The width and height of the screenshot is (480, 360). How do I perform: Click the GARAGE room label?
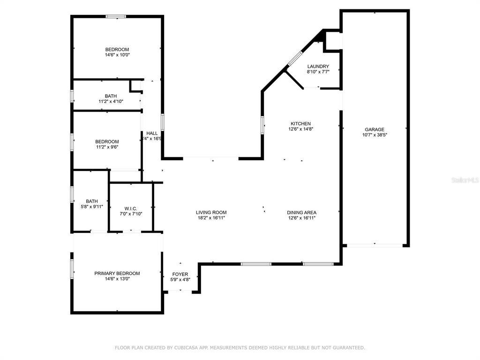tap(375, 129)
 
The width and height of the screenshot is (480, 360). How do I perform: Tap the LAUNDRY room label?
tap(318, 67)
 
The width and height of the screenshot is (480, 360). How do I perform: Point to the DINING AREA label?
tap(301, 212)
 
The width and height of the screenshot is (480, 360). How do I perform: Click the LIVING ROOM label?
tap(211, 212)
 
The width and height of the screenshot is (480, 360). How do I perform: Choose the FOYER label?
tap(180, 274)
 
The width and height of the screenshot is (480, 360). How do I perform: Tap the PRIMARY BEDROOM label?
tap(117, 273)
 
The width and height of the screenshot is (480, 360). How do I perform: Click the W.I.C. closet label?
tap(131, 209)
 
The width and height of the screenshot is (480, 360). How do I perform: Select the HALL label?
tap(152, 133)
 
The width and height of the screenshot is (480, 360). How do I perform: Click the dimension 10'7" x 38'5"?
tap(375, 135)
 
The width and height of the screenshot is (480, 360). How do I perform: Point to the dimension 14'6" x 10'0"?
tap(117, 55)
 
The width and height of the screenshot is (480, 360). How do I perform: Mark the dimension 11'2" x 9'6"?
tap(107, 147)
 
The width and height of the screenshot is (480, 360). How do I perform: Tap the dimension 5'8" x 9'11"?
tap(91, 206)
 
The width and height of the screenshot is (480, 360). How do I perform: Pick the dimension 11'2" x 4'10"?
tap(111, 101)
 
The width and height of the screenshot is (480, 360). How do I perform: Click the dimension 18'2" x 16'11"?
tap(211, 217)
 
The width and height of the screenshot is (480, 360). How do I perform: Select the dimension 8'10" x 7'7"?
tap(318, 72)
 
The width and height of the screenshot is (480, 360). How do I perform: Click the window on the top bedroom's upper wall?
tap(115, 16)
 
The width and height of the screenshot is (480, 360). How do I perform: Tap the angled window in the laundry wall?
tap(295, 59)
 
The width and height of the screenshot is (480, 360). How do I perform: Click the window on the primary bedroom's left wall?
tap(72, 269)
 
